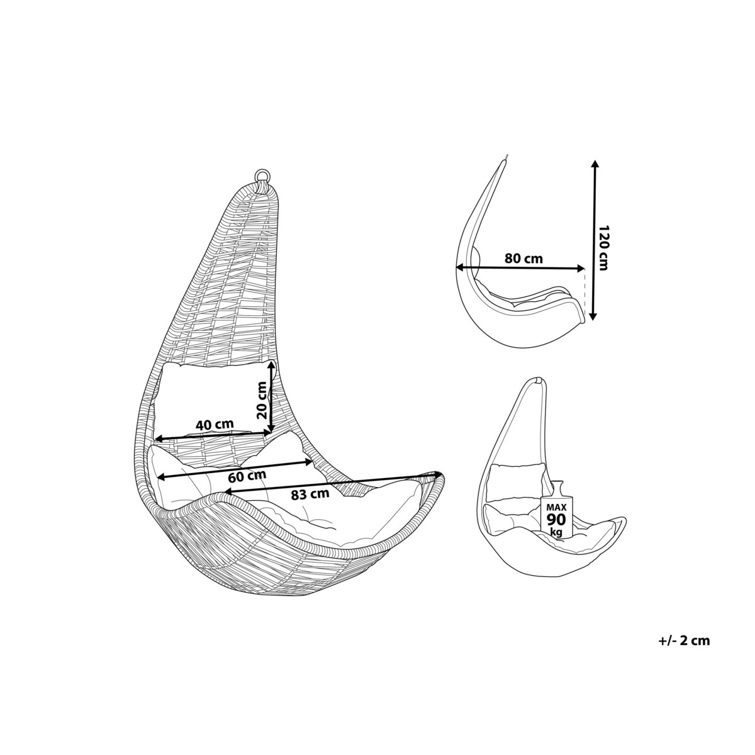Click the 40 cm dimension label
point(214,424)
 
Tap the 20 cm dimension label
point(262,400)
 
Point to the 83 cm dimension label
point(310,495)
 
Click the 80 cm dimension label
point(523,259)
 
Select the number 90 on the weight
point(556,520)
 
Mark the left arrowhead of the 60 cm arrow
point(161,477)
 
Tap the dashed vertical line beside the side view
point(585,291)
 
